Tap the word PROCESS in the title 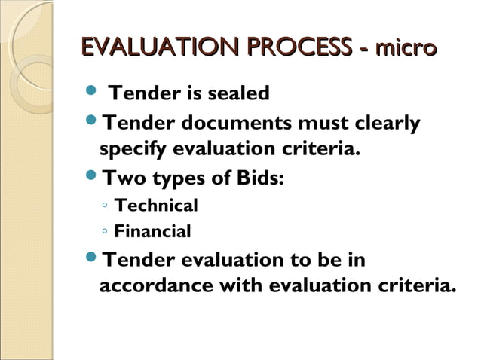click(x=296, y=48)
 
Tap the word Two click(x=124, y=178)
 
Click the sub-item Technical click(x=155, y=206)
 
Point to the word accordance click(x=157, y=287)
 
